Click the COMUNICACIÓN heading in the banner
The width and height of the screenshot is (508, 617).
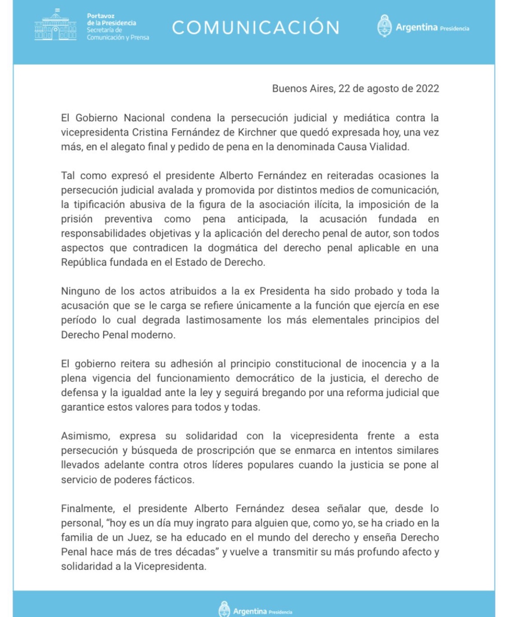pyautogui.click(x=255, y=27)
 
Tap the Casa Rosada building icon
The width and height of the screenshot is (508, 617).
pyautogui.click(x=56, y=26)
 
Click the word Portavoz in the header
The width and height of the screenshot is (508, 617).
pyautogui.click(x=101, y=16)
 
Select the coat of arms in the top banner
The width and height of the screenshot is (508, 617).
pyautogui.click(x=384, y=26)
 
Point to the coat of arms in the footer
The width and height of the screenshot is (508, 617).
pyautogui.click(x=224, y=609)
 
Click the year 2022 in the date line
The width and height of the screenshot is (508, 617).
pyautogui.click(x=427, y=89)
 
